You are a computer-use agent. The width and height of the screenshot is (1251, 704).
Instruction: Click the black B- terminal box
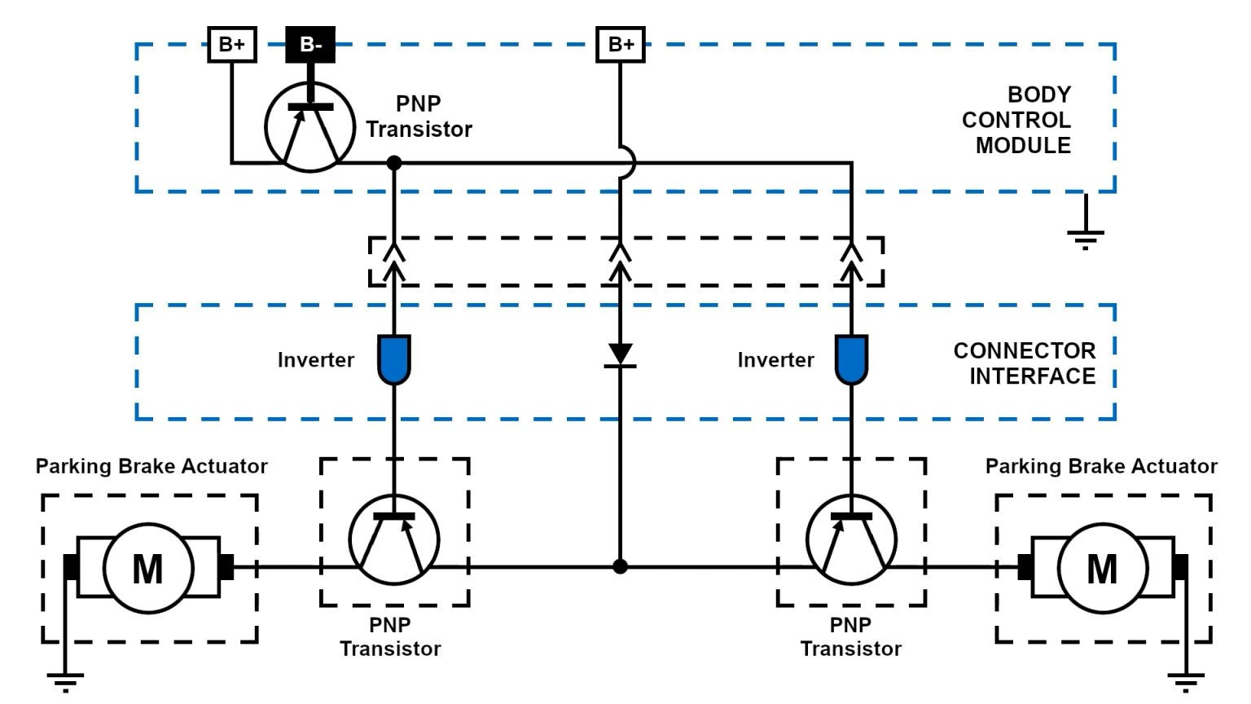pyautogui.click(x=310, y=45)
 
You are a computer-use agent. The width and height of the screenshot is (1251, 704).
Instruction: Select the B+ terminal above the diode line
pyautogui.click(x=621, y=44)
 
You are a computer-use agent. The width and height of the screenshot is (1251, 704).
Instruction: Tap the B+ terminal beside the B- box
pyautogui.click(x=232, y=44)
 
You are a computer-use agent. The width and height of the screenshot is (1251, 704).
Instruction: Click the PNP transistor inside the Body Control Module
pyautogui.click(x=310, y=126)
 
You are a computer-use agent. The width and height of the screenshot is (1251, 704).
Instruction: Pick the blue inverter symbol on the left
pyautogui.click(x=394, y=359)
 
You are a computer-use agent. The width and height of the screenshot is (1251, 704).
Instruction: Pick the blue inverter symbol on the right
pyautogui.click(x=852, y=359)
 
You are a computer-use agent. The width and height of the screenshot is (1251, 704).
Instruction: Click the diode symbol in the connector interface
pyautogui.click(x=621, y=355)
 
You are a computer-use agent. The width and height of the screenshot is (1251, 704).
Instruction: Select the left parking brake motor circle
pyautogui.click(x=148, y=568)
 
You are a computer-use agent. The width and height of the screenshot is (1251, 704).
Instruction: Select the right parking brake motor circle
pyautogui.click(x=1102, y=568)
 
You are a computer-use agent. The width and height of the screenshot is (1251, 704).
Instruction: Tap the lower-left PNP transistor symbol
pyautogui.click(x=394, y=539)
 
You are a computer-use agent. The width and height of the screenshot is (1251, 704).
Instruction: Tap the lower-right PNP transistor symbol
pyautogui.click(x=851, y=539)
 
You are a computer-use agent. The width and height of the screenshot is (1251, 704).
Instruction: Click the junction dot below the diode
pyautogui.click(x=621, y=566)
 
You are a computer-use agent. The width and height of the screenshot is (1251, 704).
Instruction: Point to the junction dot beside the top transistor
pyautogui.click(x=394, y=163)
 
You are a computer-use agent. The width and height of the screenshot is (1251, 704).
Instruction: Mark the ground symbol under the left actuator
pyautogui.click(x=65, y=680)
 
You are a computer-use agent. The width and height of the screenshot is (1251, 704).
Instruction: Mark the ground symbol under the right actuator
pyautogui.click(x=1186, y=680)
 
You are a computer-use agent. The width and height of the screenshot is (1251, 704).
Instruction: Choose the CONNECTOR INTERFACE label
pyautogui.click(x=1025, y=363)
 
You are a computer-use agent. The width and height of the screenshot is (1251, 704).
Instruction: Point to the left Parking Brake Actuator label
pyautogui.click(x=151, y=466)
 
